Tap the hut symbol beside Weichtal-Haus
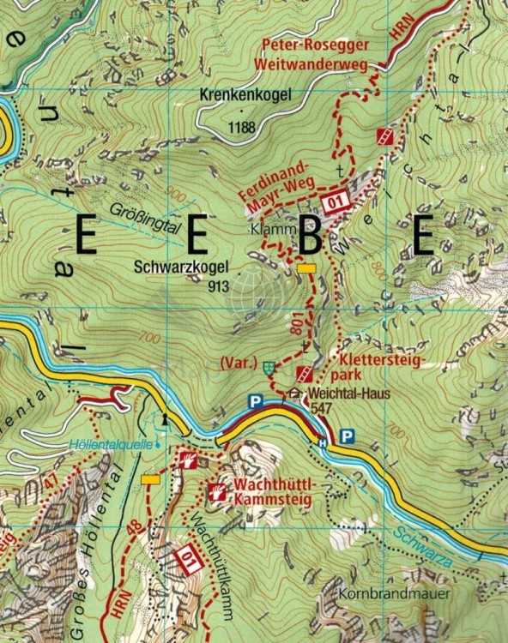295,394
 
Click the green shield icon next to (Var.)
271,366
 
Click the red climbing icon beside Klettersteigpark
303,374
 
